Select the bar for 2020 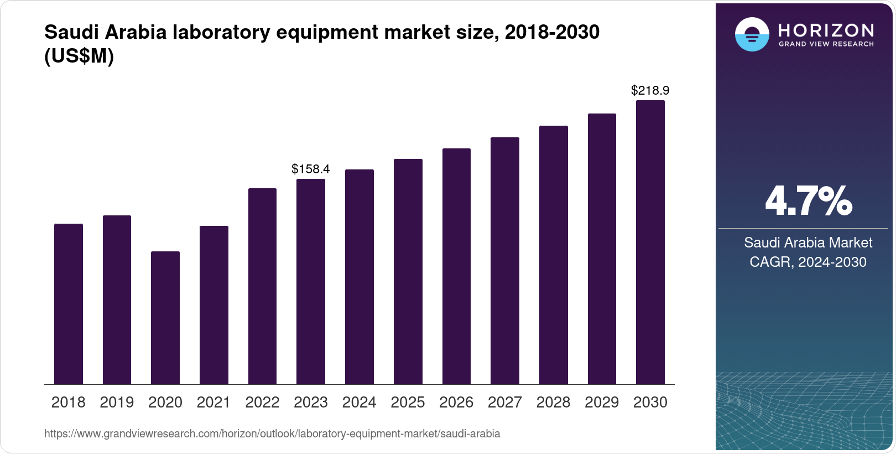point(165,318)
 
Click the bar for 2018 point(69,304)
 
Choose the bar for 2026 point(456,266)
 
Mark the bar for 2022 point(262,286)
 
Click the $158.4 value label point(310,169)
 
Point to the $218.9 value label point(650,90)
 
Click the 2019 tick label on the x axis point(117,403)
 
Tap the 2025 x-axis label point(408,403)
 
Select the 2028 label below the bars point(553,403)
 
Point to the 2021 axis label point(213,403)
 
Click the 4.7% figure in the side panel point(808,202)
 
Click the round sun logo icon point(752,34)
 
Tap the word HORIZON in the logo point(826,30)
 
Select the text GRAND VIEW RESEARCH point(826,44)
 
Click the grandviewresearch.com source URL point(272,434)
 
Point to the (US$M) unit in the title point(79,56)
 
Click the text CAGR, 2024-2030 point(808,262)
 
